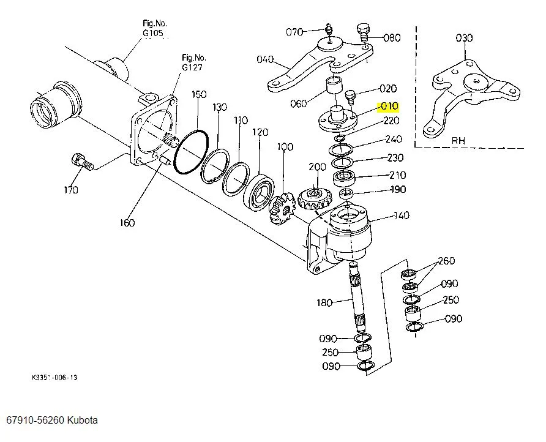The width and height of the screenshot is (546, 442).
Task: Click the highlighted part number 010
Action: point(389,107)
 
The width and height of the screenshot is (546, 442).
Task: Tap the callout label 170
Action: point(71,190)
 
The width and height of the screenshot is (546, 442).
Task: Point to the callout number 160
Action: point(127,222)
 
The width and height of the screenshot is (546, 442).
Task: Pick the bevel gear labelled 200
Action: point(315,198)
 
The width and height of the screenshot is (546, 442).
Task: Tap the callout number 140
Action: point(402,215)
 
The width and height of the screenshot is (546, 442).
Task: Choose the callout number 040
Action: point(265,59)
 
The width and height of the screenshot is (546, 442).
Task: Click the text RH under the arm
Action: point(458,140)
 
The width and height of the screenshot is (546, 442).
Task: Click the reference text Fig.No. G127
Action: point(192,62)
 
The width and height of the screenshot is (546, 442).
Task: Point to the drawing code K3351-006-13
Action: point(54,378)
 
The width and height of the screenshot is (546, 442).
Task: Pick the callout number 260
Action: point(446,261)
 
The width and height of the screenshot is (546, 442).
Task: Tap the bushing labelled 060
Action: point(335,86)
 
